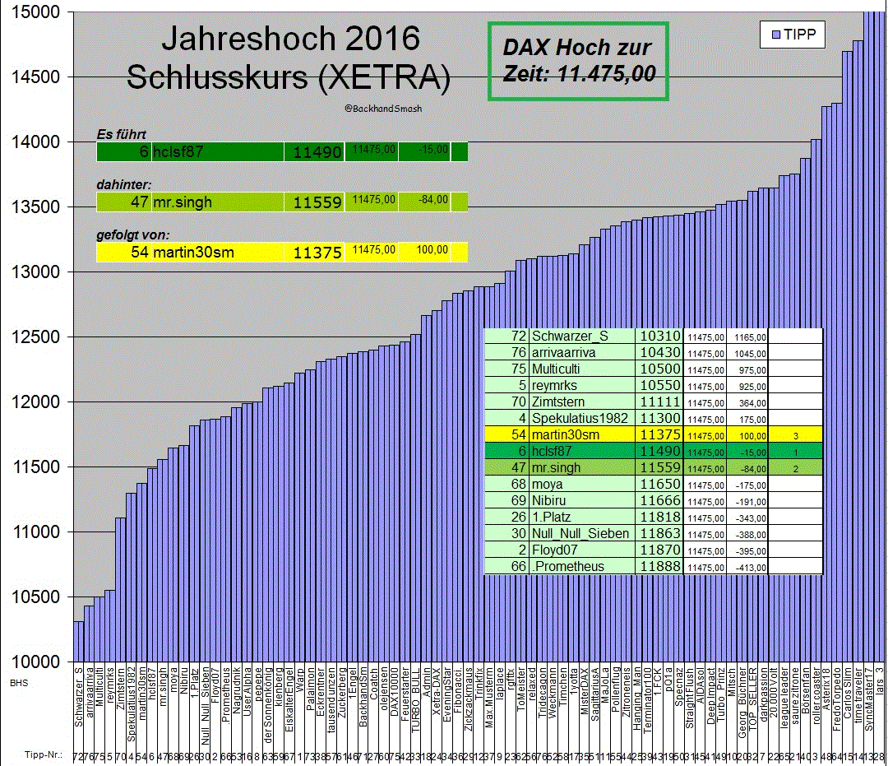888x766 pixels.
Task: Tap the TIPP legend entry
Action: [x=793, y=34]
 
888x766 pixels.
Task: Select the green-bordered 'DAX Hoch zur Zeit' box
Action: [x=578, y=61]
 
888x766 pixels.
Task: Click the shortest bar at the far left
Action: [x=78, y=641]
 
